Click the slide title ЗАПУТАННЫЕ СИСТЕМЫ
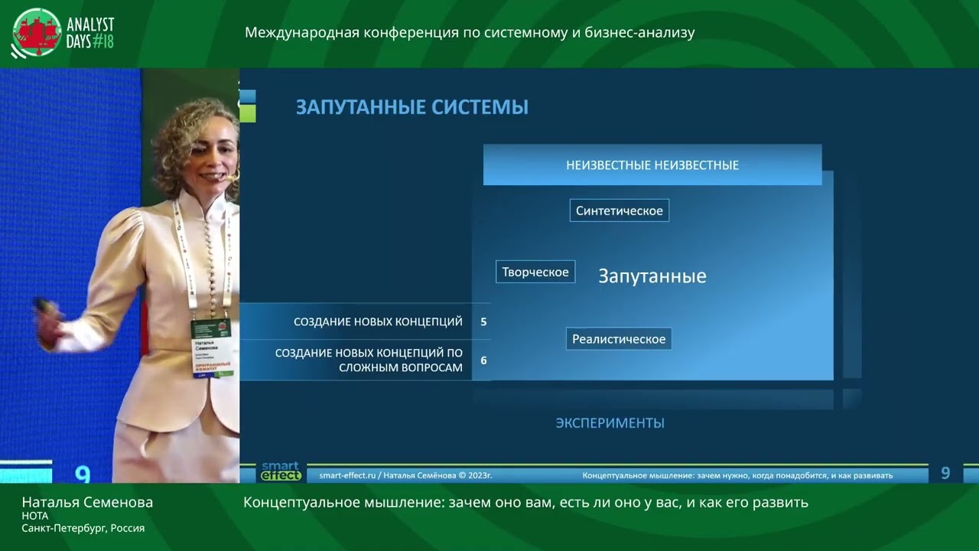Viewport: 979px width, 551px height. click(x=411, y=107)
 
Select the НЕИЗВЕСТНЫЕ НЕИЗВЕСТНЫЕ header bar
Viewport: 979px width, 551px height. click(x=652, y=165)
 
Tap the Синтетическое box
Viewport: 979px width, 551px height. click(x=619, y=210)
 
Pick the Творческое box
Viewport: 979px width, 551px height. click(x=535, y=272)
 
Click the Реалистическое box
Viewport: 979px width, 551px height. click(x=618, y=339)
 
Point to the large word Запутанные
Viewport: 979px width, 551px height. click(x=652, y=276)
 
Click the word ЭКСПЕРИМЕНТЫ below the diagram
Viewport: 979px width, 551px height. click(x=610, y=423)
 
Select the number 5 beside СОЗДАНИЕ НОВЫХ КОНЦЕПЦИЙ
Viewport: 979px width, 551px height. click(x=483, y=322)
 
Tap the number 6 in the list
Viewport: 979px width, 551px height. click(x=483, y=360)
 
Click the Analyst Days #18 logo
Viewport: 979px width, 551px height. click(x=63, y=34)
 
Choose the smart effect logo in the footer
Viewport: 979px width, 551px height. click(x=281, y=471)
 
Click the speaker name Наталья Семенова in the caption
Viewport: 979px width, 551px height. click(x=87, y=503)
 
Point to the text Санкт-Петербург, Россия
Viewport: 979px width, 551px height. click(x=83, y=528)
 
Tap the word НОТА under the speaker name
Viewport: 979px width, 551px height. click(x=35, y=516)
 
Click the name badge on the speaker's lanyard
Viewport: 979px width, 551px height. click(x=211, y=347)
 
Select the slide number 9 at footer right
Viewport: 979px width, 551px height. click(x=945, y=474)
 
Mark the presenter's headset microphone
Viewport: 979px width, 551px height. click(x=233, y=177)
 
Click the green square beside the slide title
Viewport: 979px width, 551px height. click(x=248, y=115)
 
